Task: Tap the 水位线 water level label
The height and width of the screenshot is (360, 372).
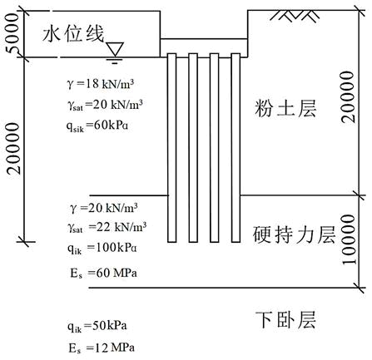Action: pos(73,34)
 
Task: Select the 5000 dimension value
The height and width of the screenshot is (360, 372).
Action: pos(12,34)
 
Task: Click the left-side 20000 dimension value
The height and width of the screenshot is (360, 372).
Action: pos(13,149)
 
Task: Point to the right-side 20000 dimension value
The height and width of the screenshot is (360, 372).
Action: pos(348,96)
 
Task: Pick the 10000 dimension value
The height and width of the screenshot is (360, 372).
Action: pos(349,239)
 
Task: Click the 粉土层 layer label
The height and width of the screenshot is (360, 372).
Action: pos(285,108)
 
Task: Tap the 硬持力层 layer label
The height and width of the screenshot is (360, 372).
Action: pos(294,234)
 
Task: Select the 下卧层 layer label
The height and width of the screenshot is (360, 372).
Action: pos(285,319)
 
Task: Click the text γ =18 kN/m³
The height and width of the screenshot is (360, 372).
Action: pos(101,84)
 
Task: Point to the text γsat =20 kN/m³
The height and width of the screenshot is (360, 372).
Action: pos(105,105)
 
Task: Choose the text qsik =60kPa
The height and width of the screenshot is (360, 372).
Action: pos(97,126)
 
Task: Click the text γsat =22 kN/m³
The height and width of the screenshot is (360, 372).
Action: pos(107,228)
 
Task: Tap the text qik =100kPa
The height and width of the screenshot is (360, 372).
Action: pos(102,249)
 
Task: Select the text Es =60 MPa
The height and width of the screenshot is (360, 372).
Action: pos(103,274)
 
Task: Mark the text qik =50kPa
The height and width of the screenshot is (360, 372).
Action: pos(97,326)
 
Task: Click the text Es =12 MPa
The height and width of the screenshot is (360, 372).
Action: pos(102,348)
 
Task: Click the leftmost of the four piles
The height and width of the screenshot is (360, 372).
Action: pos(172,148)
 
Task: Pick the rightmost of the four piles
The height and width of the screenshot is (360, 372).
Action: pos(236,148)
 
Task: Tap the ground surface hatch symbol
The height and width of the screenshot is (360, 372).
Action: pos(296,15)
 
